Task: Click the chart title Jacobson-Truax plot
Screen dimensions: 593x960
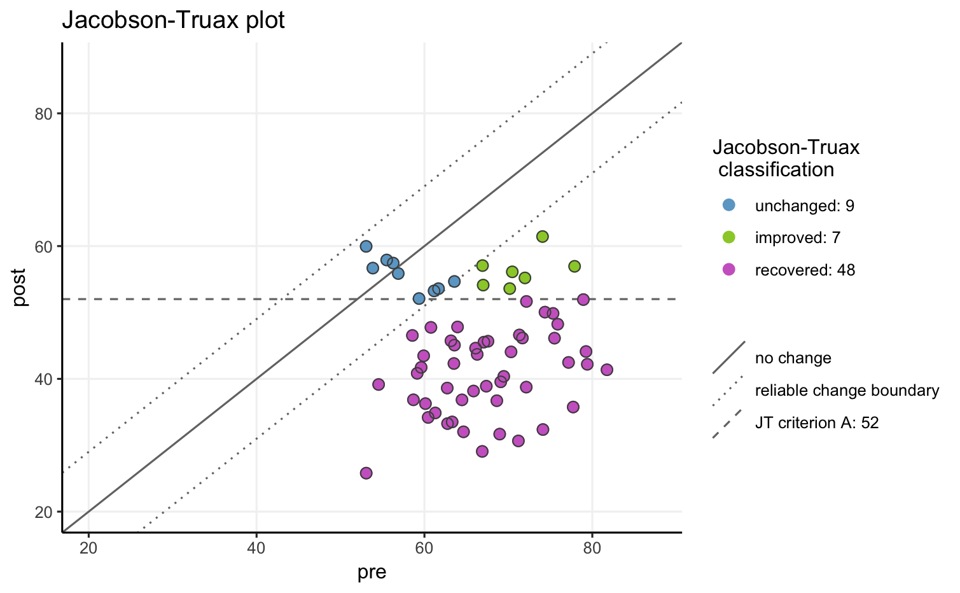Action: click(x=173, y=21)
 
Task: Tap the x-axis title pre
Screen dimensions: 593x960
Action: click(x=372, y=572)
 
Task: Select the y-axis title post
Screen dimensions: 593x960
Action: click(x=20, y=288)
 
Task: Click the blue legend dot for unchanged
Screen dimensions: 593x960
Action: click(x=729, y=205)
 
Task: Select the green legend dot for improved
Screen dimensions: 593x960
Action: click(x=729, y=237)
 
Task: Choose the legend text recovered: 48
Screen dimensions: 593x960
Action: click(x=805, y=270)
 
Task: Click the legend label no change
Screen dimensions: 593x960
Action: click(x=793, y=358)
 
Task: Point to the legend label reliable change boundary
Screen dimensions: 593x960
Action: click(x=847, y=391)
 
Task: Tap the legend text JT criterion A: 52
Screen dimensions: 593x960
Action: click(x=817, y=423)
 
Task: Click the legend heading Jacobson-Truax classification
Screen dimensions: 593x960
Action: click(x=786, y=158)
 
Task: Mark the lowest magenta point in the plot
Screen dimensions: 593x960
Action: click(x=366, y=473)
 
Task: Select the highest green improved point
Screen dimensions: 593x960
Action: click(x=542, y=237)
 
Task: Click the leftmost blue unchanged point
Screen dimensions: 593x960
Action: click(x=366, y=246)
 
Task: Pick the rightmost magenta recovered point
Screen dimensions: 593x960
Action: click(x=607, y=370)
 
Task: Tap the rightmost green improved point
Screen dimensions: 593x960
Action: click(x=574, y=266)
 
